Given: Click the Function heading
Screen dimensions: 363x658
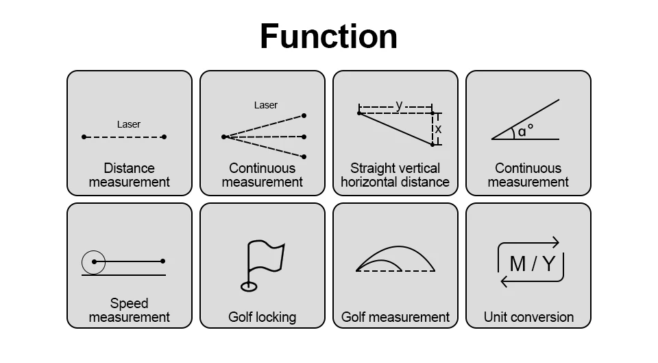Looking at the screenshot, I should [328, 36].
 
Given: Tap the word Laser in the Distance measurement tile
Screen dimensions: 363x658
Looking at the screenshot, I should [128, 124].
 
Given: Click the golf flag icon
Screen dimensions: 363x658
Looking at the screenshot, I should [265, 260].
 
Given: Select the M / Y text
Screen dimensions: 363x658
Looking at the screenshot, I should [532, 263].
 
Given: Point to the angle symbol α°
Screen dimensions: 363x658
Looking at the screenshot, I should [526, 130].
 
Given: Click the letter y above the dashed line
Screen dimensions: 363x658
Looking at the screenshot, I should [399, 105].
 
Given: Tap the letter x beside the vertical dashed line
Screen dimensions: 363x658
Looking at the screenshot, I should [438, 129].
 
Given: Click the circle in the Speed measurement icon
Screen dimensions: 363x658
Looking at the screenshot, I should [94, 261].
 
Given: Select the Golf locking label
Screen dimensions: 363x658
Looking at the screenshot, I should [262, 317].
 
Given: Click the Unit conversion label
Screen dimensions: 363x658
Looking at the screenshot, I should [528, 317].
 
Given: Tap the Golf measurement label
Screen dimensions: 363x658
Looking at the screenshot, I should [395, 317].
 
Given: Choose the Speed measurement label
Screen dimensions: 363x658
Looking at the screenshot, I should [129, 310].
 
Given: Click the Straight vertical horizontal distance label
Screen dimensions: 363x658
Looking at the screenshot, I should [395, 175].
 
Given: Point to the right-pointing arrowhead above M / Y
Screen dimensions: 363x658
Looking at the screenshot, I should [556, 242].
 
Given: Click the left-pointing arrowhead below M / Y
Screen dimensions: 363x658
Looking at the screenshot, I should [504, 281].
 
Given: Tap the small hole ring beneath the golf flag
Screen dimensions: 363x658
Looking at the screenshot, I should [248, 285].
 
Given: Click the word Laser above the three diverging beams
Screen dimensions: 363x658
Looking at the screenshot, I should [266, 105].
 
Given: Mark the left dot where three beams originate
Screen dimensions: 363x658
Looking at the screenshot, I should [223, 137].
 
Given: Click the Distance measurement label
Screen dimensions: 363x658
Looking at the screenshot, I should [129, 175].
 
